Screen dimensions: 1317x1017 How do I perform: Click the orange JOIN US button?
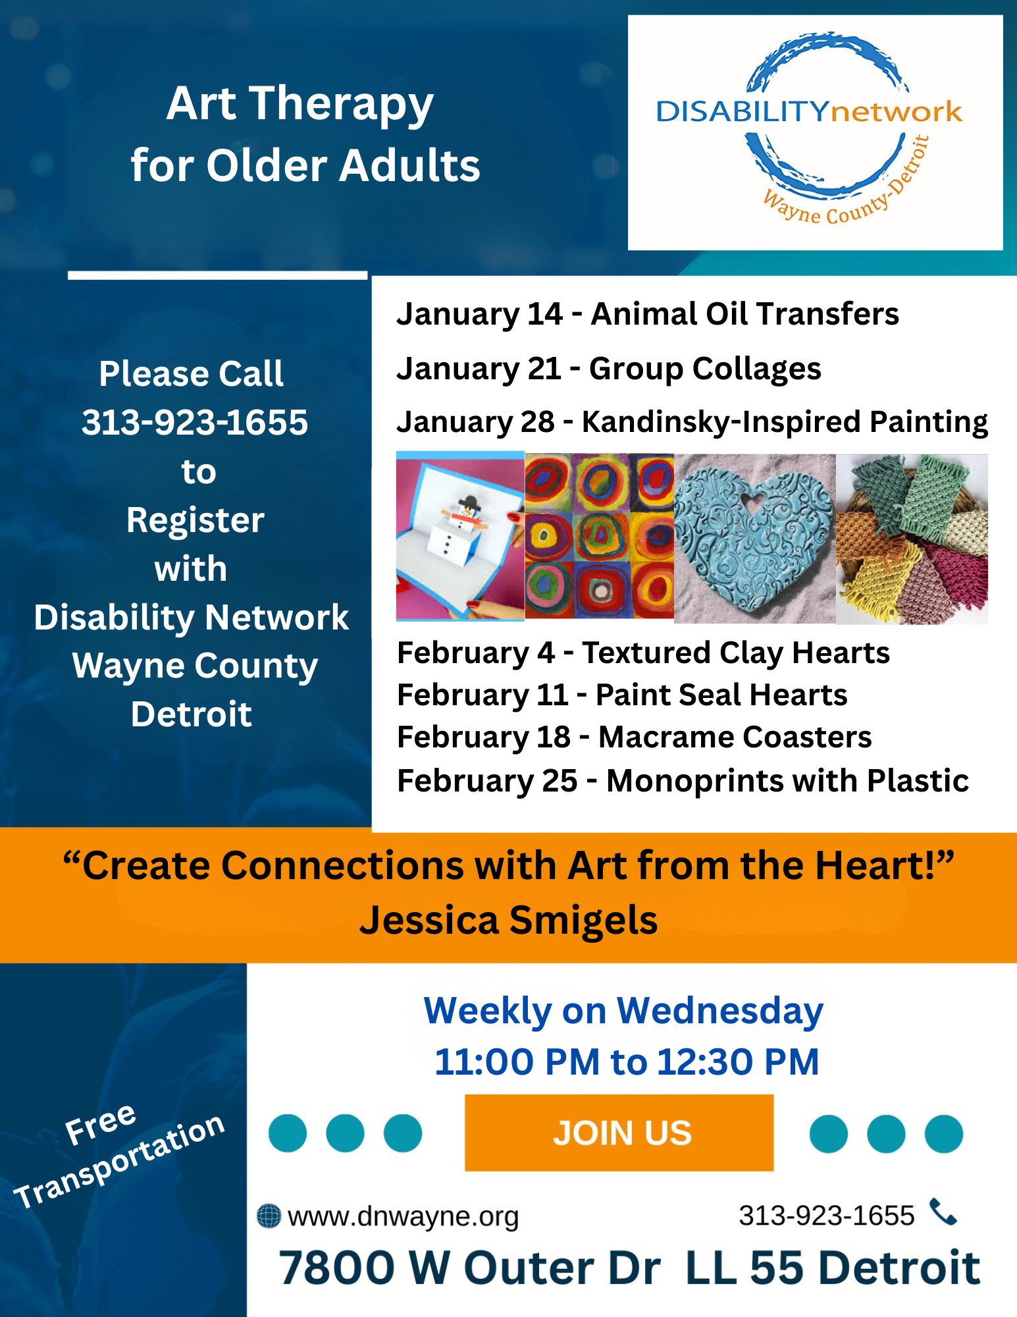(x=619, y=1133)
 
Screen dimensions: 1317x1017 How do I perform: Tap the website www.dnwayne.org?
(x=403, y=1216)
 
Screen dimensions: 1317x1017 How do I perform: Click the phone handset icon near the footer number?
(x=943, y=1212)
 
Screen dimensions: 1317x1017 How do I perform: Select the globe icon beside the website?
(x=269, y=1216)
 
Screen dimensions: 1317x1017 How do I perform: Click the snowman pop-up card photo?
(x=459, y=537)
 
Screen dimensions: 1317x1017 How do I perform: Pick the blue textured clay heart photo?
(x=754, y=538)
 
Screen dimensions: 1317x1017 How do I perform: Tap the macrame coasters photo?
(x=912, y=539)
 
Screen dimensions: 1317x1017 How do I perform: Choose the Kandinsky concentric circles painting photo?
(x=599, y=536)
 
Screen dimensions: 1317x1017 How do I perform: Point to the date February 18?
(x=484, y=738)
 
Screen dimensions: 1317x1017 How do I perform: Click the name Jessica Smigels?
(x=508, y=920)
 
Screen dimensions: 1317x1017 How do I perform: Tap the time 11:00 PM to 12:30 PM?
(x=626, y=1062)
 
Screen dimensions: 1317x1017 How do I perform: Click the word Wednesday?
(x=719, y=1010)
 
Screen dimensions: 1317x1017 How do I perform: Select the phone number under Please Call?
(x=194, y=422)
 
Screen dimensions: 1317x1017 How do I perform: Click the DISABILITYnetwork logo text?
(x=808, y=111)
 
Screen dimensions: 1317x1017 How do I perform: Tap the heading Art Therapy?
(x=300, y=104)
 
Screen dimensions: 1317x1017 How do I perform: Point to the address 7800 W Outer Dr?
(x=469, y=1268)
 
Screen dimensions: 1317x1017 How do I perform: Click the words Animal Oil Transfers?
(x=744, y=314)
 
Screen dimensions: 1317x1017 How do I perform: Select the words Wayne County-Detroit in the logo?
(x=849, y=198)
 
